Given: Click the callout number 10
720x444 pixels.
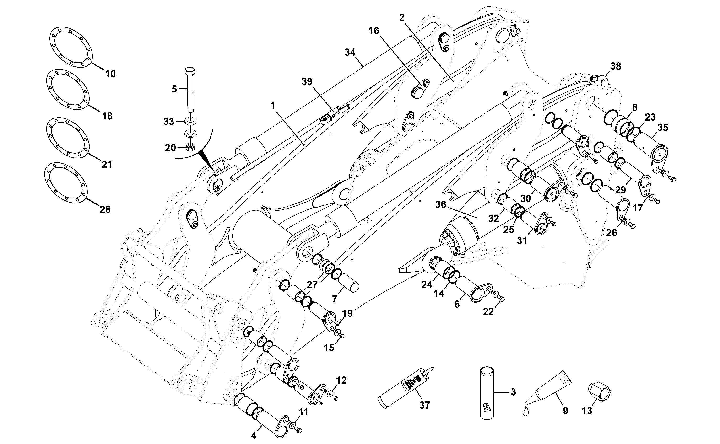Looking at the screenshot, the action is click(110, 74).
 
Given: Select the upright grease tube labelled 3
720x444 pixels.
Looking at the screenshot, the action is click(487, 393).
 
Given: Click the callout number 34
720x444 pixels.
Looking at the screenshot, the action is click(350, 53).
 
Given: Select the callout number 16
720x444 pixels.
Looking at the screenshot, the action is click(374, 31).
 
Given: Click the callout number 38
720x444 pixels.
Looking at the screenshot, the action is click(616, 66).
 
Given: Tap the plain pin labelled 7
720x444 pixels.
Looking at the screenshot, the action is click(348, 283).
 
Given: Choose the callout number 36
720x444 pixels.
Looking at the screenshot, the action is click(441, 204).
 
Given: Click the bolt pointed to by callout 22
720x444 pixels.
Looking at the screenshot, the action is click(500, 297).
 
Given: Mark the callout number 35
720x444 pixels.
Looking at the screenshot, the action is click(663, 128).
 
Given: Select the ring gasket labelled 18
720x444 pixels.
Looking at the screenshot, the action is click(68, 90).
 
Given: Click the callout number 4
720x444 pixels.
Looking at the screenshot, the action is click(254, 435).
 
